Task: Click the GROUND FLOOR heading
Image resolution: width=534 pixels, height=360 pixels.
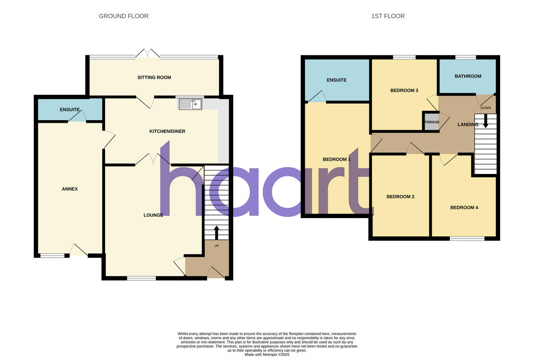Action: (124, 16)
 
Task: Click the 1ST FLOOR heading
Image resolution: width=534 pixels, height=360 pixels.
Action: (388, 16)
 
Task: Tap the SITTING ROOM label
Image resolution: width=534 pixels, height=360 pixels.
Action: (154, 77)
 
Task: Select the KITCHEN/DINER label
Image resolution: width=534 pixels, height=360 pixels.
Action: (167, 131)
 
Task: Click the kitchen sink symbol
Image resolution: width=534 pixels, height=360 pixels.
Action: (190, 105)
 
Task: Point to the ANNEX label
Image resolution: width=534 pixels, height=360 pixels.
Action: (70, 189)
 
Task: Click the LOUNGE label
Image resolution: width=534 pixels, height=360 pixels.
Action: (153, 215)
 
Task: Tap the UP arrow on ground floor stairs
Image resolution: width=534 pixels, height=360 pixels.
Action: (217, 232)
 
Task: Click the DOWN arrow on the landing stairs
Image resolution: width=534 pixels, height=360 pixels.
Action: (485, 121)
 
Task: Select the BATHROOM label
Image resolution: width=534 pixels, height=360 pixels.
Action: (468, 76)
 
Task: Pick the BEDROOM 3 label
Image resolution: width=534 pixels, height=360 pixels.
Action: (404, 90)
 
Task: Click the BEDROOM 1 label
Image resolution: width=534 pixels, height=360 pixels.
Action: (336, 159)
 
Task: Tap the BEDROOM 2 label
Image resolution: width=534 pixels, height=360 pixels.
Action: (400, 196)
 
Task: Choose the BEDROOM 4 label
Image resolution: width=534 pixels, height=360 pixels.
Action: (464, 207)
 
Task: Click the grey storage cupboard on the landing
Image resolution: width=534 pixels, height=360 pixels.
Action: (431, 122)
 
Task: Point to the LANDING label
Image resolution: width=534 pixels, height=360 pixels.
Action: (468, 125)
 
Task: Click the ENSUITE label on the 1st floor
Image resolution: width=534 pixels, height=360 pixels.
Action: (336, 80)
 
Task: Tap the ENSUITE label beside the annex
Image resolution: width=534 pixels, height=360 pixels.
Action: (70, 109)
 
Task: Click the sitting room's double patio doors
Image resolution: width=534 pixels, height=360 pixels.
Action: (147, 53)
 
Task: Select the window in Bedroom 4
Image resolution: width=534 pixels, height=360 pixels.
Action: (467, 239)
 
